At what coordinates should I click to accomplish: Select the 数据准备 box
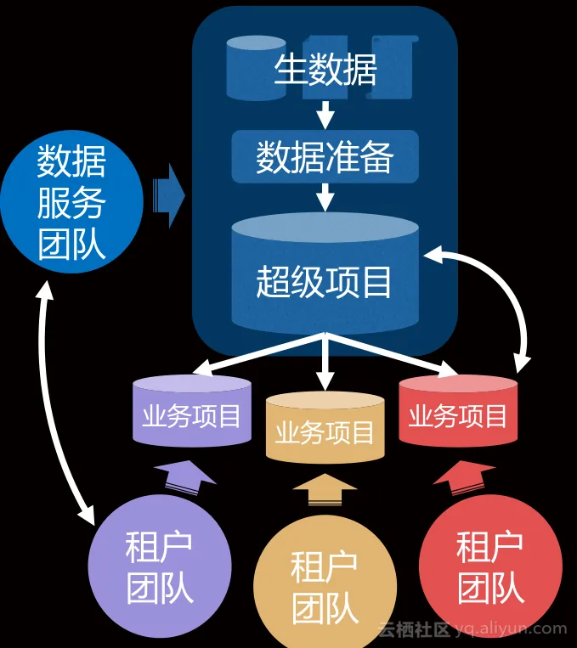[x=325, y=158]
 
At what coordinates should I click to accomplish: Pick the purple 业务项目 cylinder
[x=191, y=413]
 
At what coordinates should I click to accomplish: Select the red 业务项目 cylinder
[x=458, y=413]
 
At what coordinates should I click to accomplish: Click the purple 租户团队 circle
[x=159, y=567]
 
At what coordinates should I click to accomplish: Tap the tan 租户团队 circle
[x=325, y=586]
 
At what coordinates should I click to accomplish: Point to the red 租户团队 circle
[x=490, y=567]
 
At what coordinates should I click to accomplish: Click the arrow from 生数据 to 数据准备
[x=325, y=114]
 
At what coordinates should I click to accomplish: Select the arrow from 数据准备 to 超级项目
[x=325, y=198]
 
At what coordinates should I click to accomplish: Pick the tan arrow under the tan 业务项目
[x=325, y=492]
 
